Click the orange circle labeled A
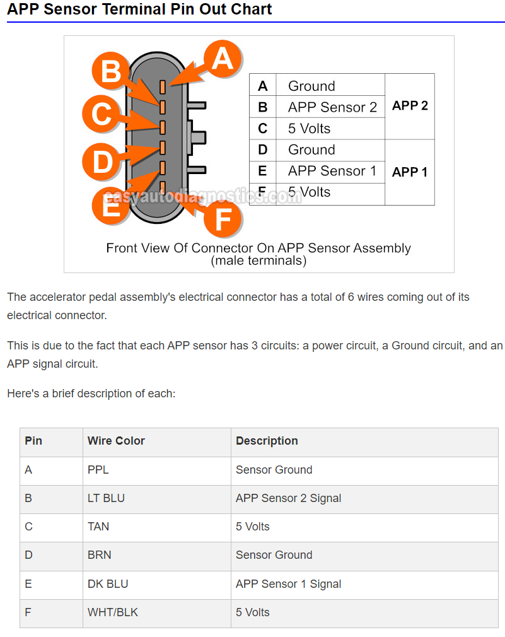point(223,59)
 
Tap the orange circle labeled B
point(111,71)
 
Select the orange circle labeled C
point(101,114)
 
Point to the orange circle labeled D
point(102,161)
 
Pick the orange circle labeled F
point(223,219)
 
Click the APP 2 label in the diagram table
point(410,105)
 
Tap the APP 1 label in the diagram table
point(410,172)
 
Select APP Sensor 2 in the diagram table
point(332,107)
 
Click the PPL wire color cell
point(157,470)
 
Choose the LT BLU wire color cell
point(157,499)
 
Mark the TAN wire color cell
point(157,527)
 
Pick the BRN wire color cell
point(157,556)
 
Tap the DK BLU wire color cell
point(157,585)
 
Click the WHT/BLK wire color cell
point(157,613)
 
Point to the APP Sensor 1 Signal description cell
point(364,585)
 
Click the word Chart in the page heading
point(252,9)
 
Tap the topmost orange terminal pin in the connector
point(163,86)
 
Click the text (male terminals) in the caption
point(258,260)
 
